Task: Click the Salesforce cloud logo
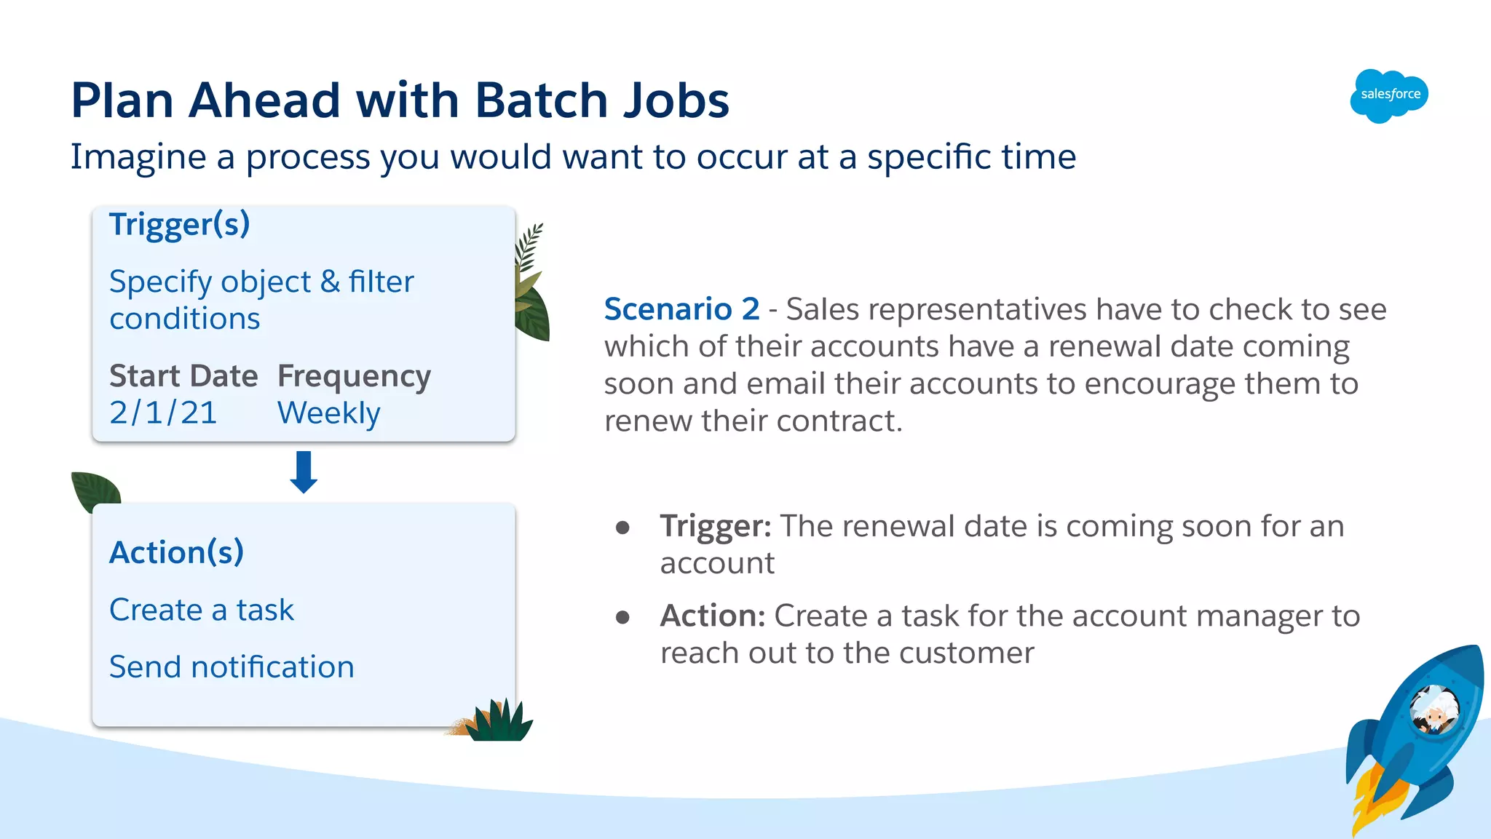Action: point(1389,95)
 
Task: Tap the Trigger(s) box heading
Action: point(179,224)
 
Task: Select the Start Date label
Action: point(183,376)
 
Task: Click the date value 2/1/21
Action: point(163,413)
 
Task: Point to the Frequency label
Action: point(354,376)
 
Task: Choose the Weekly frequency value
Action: point(328,413)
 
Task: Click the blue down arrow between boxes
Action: point(304,472)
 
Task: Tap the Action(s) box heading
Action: point(176,552)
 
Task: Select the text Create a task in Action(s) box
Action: point(202,610)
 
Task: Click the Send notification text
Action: point(232,667)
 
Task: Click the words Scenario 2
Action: point(681,309)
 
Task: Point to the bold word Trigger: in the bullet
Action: point(715,526)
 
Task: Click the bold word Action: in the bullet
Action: point(712,616)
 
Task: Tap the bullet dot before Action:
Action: point(622,618)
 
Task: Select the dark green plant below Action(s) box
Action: point(499,722)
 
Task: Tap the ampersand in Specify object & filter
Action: point(330,282)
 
